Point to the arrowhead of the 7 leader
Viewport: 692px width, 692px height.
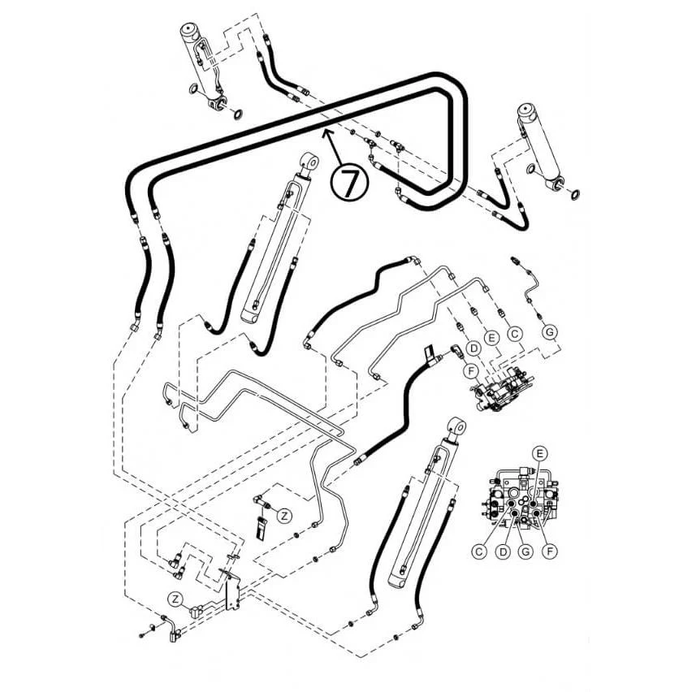tap(324, 132)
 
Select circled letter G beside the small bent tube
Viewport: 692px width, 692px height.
tap(549, 332)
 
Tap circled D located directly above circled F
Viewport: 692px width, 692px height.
tap(474, 348)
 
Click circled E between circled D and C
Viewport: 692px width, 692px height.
tap(491, 338)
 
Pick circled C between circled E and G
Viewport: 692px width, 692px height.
tap(515, 334)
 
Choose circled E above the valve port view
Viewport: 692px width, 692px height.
tap(540, 454)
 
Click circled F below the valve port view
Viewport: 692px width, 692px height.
tap(550, 551)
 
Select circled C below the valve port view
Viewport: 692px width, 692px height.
tap(479, 551)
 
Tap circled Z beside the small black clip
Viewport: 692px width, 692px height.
tap(284, 516)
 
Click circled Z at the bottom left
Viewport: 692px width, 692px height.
tap(176, 599)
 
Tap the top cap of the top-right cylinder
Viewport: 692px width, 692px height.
tap(526, 111)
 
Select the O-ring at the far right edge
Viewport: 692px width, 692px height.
tap(575, 194)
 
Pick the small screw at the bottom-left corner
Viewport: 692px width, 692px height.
tap(141, 635)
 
